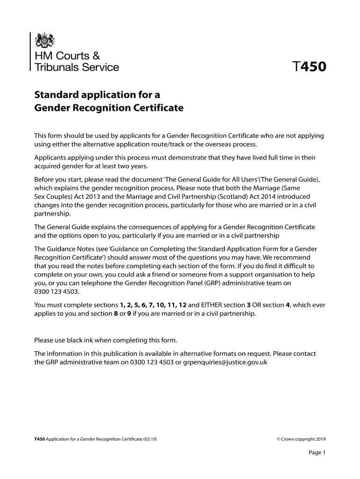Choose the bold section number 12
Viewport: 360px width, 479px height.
(183, 305)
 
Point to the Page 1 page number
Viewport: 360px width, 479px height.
(317, 452)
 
